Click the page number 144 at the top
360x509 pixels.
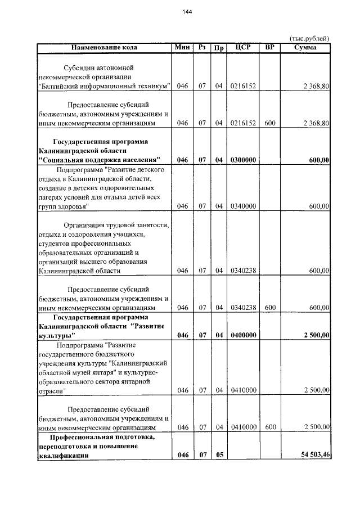187,15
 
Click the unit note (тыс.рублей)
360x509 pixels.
309,38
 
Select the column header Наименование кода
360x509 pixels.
104,48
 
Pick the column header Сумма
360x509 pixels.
305,48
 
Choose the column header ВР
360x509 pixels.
270,48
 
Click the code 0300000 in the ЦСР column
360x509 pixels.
243,160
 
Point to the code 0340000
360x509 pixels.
243,206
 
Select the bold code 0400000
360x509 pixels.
243,335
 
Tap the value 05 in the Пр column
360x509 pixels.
219,454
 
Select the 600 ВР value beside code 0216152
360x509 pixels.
270,123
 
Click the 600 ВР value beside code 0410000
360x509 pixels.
270,427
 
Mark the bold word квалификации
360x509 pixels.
64,455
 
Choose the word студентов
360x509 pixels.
55,244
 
